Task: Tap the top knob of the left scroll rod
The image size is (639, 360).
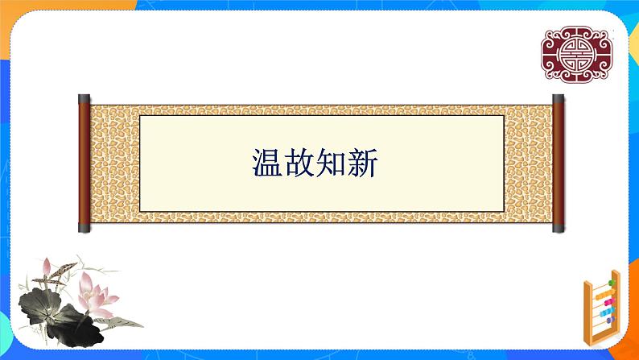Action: point(84,98)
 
